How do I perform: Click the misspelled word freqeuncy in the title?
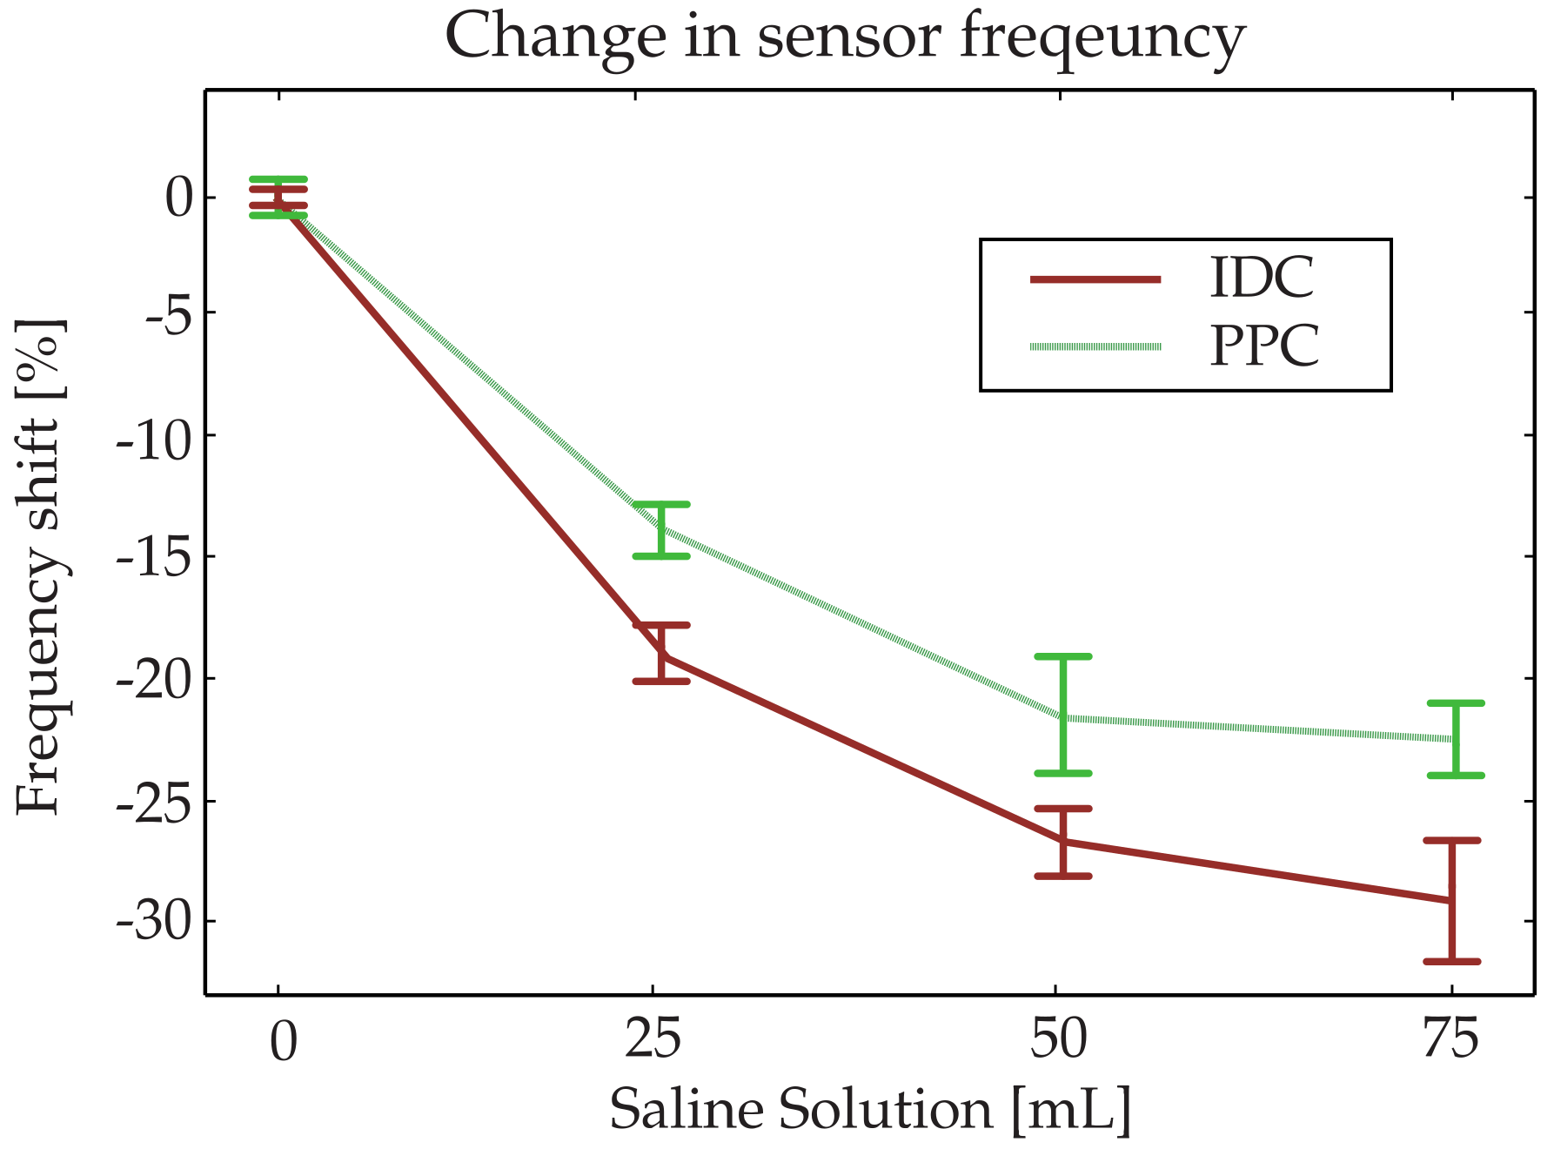(x=1102, y=38)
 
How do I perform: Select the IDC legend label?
(x=1262, y=279)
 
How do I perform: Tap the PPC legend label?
(x=1264, y=346)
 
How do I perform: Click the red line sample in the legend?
(x=1095, y=279)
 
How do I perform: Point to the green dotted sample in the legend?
(x=1095, y=347)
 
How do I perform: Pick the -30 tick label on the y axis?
(x=155, y=922)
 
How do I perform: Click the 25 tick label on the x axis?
(x=653, y=1039)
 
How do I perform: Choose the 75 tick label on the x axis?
(x=1450, y=1039)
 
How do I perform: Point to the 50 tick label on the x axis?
(x=1058, y=1039)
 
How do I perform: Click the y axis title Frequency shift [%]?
(x=40, y=566)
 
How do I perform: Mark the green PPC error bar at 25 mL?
(x=661, y=529)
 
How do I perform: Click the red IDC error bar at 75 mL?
(x=1451, y=902)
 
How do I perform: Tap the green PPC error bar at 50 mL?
(x=1063, y=714)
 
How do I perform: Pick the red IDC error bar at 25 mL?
(x=661, y=653)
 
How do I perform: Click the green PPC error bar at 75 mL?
(x=1456, y=738)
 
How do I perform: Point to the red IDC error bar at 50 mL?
(x=1063, y=843)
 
